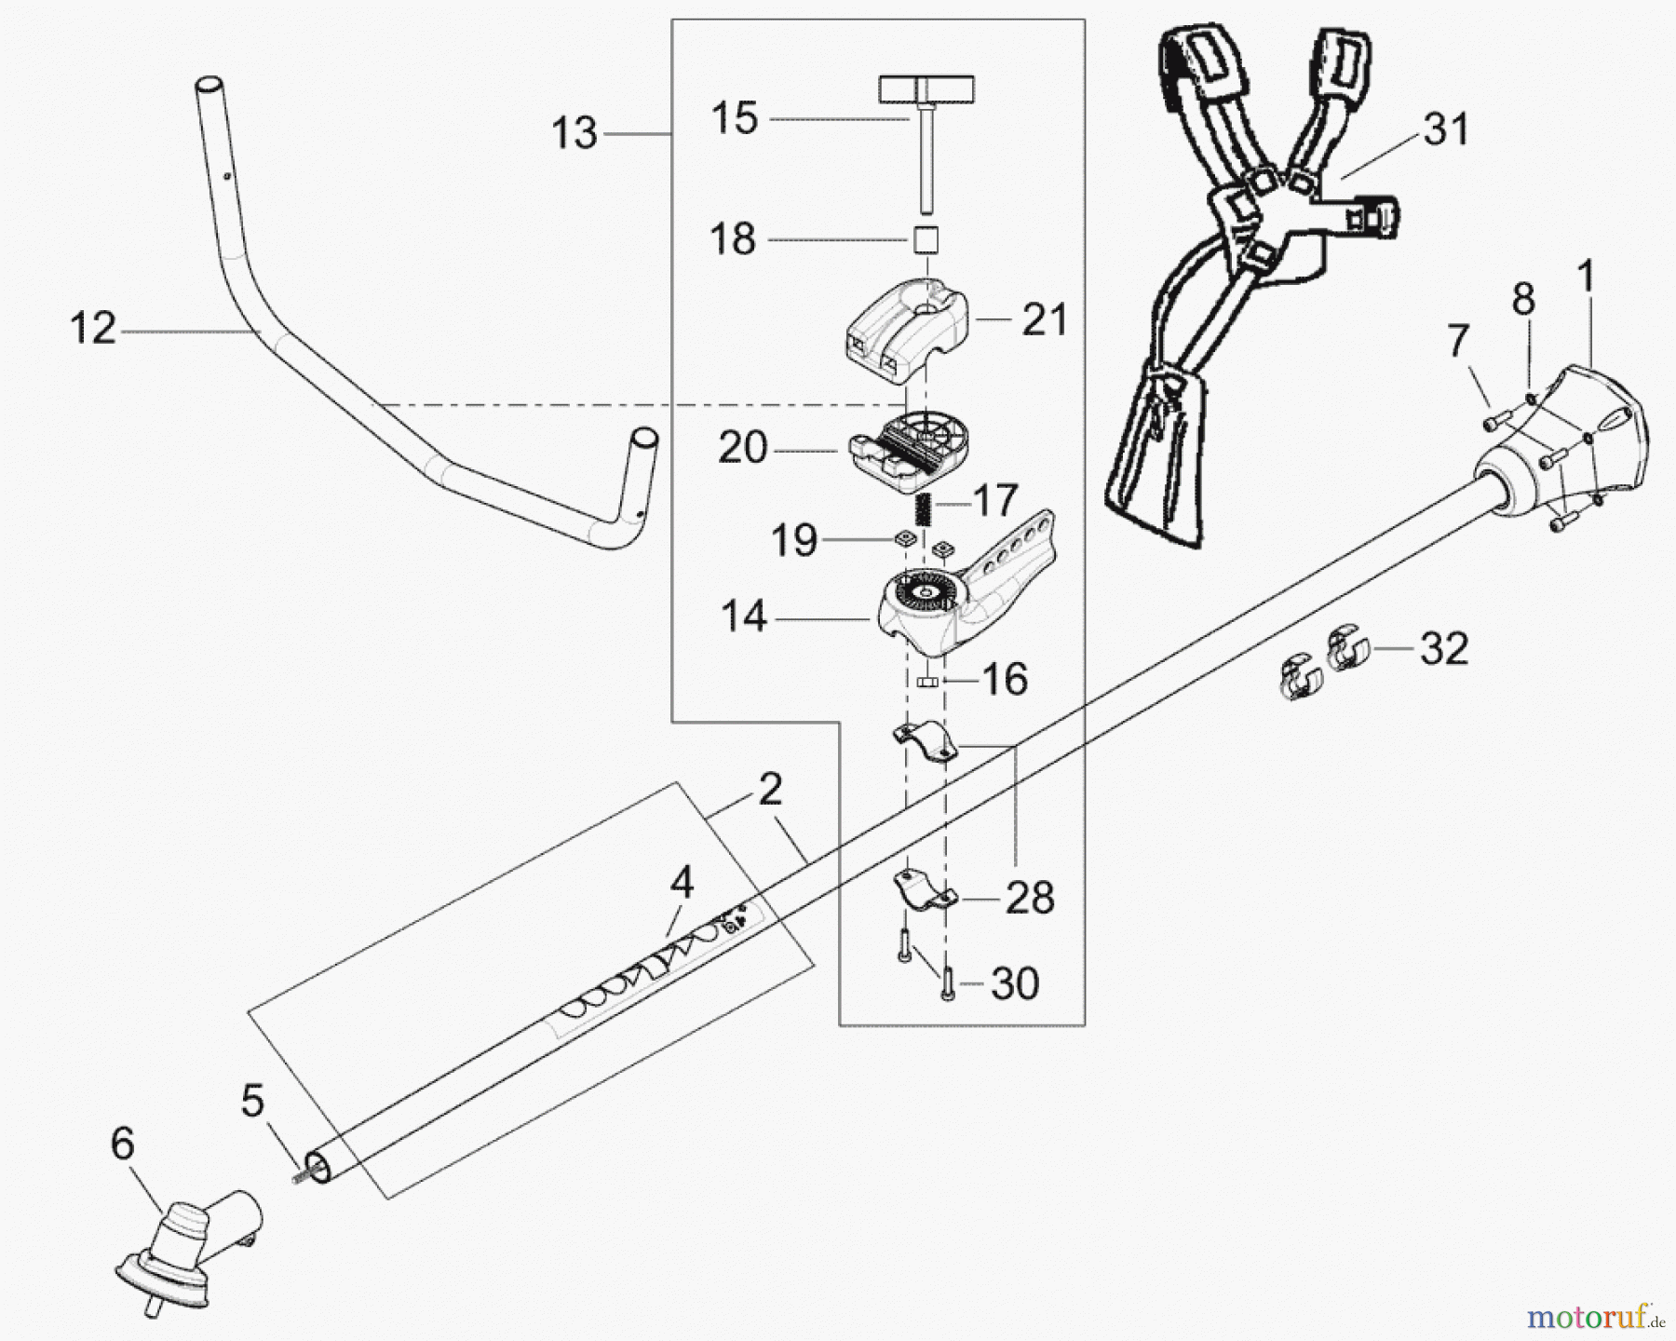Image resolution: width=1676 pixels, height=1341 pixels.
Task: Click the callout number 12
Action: pos(93,329)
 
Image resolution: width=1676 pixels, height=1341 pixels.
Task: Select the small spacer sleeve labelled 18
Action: pos(924,239)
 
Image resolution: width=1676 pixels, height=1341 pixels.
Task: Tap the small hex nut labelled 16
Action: pos(926,683)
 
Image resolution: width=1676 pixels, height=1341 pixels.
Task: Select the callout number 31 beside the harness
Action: pos(1446,129)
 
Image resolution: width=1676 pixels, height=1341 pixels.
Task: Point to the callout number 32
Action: pos(1444,647)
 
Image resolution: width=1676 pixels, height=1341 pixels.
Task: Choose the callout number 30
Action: pos(1014,983)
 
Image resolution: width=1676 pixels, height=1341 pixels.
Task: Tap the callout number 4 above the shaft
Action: pos(682,882)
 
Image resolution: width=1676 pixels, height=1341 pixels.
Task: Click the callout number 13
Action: pos(574,133)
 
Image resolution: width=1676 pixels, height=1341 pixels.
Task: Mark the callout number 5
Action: pos(252,1101)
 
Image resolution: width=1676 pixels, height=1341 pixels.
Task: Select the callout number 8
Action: pos(1523,300)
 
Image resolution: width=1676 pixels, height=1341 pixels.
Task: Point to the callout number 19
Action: pos(794,540)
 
